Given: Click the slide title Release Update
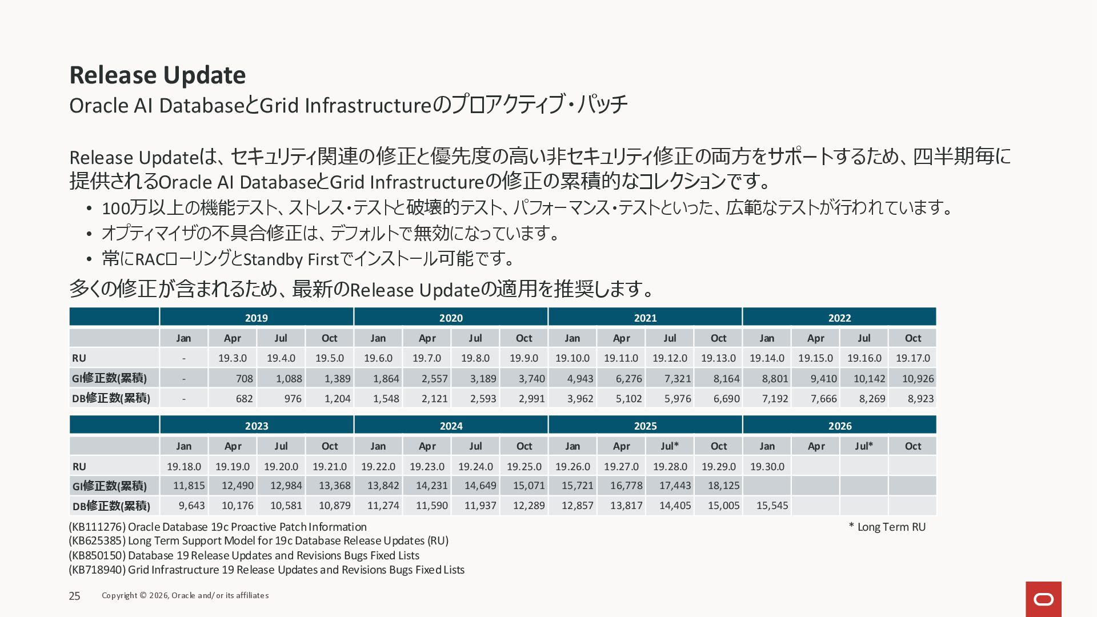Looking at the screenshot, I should pos(157,75).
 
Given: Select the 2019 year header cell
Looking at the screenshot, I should pos(256,318).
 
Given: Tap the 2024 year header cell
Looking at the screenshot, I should pos(451,426).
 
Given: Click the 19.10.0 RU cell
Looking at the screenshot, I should pos(572,358).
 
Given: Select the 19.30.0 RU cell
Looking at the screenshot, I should pos(767,466).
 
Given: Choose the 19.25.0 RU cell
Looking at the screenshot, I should pos(524,466).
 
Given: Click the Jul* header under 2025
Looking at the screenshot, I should pos(670,446).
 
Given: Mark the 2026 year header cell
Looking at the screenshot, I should pos(839,426).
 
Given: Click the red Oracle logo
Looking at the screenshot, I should pos(1043,599).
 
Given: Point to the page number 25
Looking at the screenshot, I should pos(75,596).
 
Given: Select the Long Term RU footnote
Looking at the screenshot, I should pos(887,527).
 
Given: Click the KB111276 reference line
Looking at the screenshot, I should pos(218,527).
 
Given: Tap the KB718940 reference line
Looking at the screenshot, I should pos(266,570).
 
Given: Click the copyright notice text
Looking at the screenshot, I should pos(185,595).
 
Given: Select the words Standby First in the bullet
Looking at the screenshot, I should pos(291,259).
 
